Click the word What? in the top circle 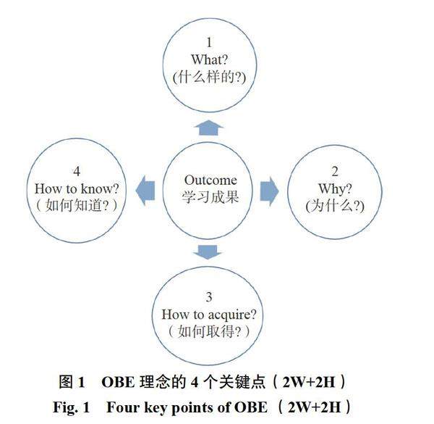209,59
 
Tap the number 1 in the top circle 209,43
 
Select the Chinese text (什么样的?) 209,76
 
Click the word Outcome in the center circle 210,180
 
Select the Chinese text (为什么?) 334,206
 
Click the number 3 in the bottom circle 209,297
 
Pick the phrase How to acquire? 209,314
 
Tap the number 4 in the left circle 77,172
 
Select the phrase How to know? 77,188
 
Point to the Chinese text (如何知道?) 77,205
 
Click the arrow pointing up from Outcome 208,128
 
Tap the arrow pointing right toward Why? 270,189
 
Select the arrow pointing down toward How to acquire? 208,252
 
